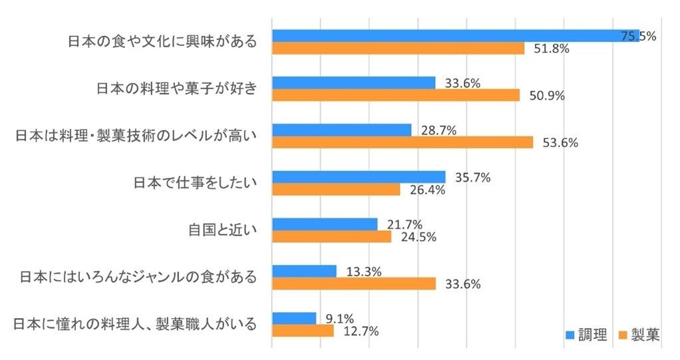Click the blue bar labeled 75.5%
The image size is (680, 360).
tap(455, 36)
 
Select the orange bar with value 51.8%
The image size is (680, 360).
tap(398, 49)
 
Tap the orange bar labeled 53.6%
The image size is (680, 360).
tap(403, 142)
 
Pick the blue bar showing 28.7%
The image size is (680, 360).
tap(342, 130)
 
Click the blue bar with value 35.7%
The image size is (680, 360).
tap(359, 177)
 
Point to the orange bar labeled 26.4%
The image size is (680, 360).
tap(336, 190)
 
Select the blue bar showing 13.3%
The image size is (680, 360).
tap(304, 271)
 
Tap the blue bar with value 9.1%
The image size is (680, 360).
tap(294, 318)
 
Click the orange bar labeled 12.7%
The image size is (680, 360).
tap(303, 331)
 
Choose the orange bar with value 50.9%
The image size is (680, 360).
tap(396, 95)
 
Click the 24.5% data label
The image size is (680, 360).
tap(418, 237)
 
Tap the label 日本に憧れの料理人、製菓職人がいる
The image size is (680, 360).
tap(135, 324)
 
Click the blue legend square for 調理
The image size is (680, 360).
tap(570, 335)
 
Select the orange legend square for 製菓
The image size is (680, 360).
tap(623, 335)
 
